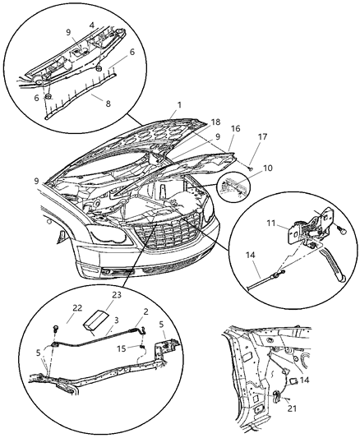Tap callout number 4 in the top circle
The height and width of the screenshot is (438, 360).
(92, 25)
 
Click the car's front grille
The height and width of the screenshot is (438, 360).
(164, 242)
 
